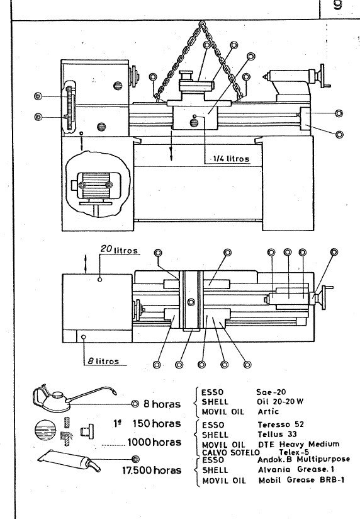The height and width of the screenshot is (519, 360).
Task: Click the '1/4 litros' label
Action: [x=227, y=159]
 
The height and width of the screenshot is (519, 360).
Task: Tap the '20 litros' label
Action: [x=119, y=250]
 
